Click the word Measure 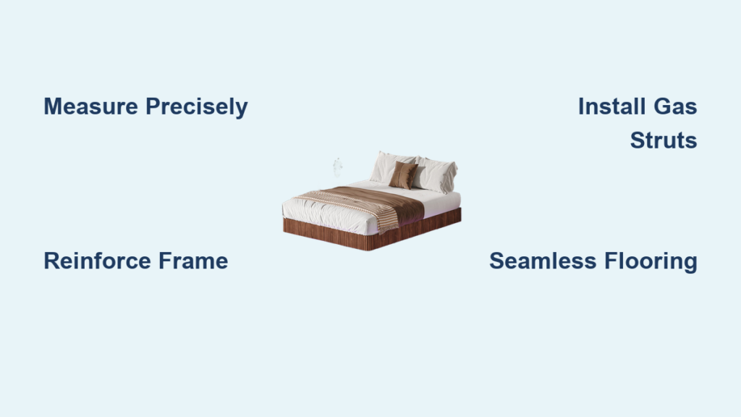coord(90,106)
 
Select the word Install coord(612,106)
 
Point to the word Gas coord(675,106)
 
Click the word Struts coord(664,140)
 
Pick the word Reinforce coord(97,261)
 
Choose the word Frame coord(193,261)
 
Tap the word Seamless coord(543,261)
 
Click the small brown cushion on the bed coord(403,175)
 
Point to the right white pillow coord(436,175)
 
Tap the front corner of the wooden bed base coord(368,250)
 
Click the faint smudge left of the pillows coord(337,167)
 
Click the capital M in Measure coord(52,106)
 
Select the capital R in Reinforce coord(52,261)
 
